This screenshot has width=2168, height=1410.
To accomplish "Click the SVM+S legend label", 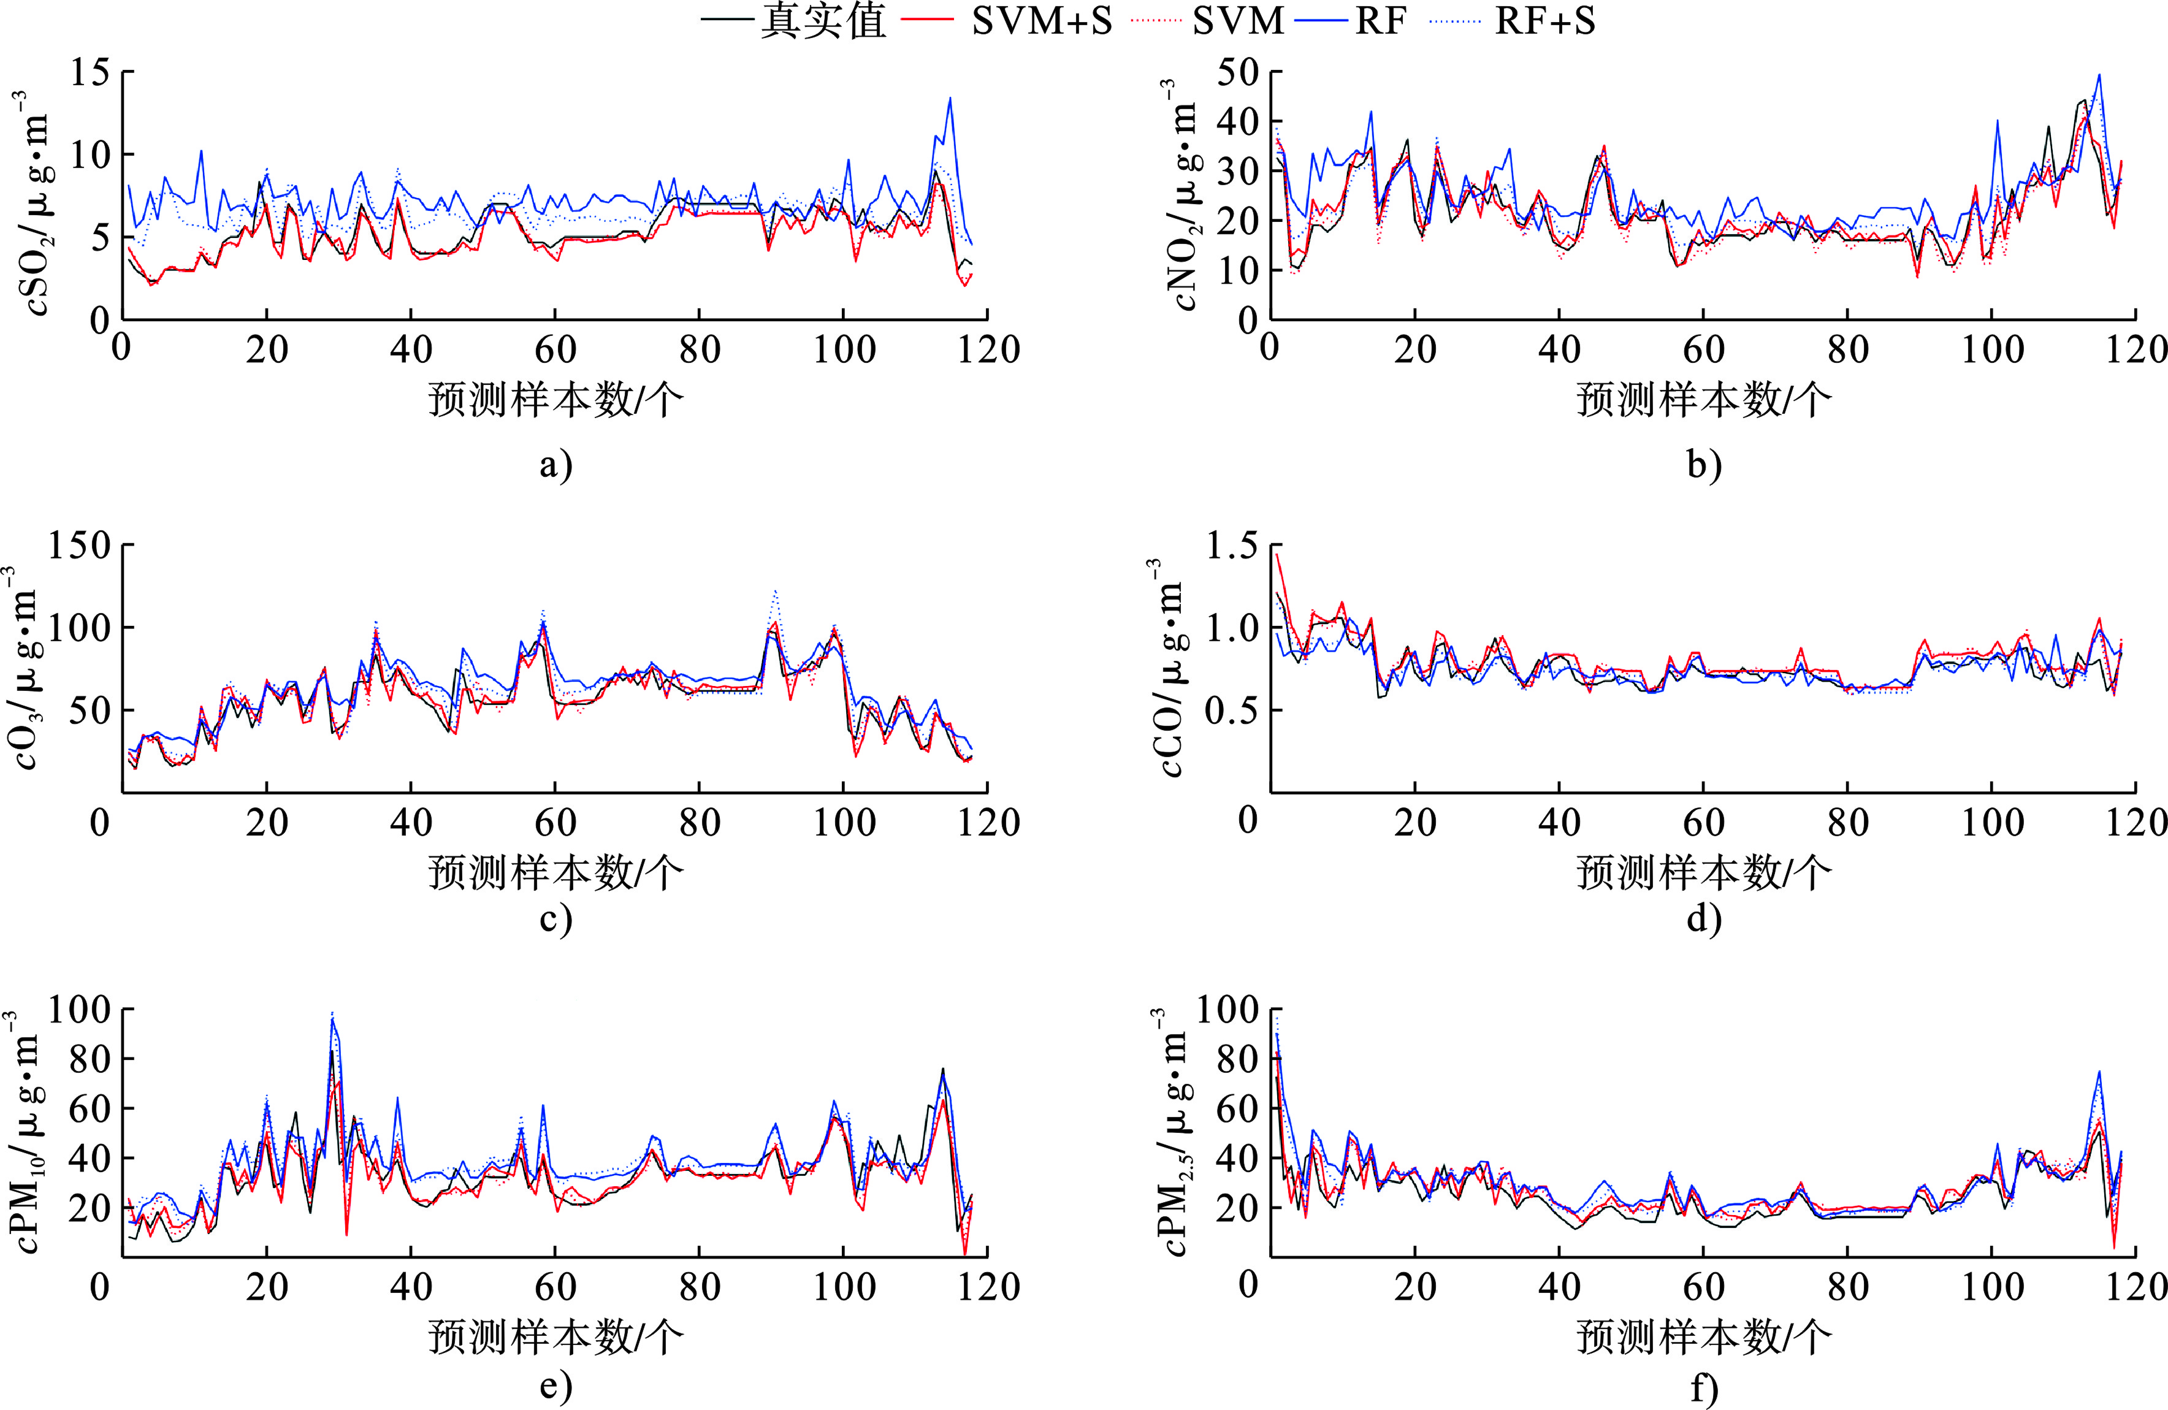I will pos(1041,21).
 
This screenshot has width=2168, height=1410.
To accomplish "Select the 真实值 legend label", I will pos(823,21).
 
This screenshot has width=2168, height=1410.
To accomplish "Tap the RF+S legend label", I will pos(1545,21).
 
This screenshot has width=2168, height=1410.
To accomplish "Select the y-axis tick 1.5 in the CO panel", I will pos(1232,546).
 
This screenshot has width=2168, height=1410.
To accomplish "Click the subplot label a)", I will pos(555,465).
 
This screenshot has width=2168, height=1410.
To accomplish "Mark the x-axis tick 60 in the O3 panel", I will pos(555,823).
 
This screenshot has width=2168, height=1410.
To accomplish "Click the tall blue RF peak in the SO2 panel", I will pos(950,98).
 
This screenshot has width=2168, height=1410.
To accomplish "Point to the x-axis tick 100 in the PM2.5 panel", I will pos(1991,1287).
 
